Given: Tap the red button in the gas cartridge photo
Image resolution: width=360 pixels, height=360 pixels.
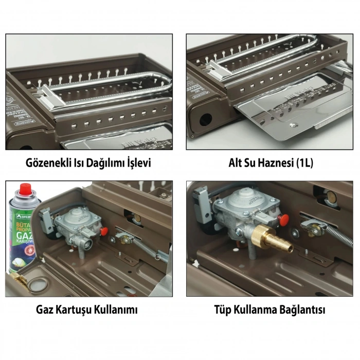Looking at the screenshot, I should (103, 231).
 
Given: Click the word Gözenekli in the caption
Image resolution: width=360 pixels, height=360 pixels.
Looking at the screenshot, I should (51, 163).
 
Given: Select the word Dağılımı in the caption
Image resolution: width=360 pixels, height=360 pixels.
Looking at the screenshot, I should (107, 163).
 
